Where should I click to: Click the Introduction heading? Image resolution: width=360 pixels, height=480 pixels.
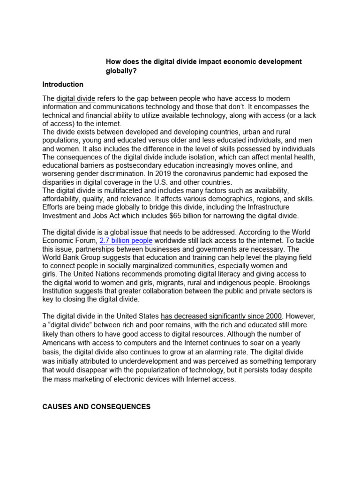[63, 84]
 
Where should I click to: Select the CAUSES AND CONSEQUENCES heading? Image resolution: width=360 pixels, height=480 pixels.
[97, 407]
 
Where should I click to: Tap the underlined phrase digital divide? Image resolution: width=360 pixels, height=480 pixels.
[76, 98]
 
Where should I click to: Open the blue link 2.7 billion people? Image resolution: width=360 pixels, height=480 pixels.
[126, 241]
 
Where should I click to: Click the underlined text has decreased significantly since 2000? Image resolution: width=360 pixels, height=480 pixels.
[221, 316]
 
